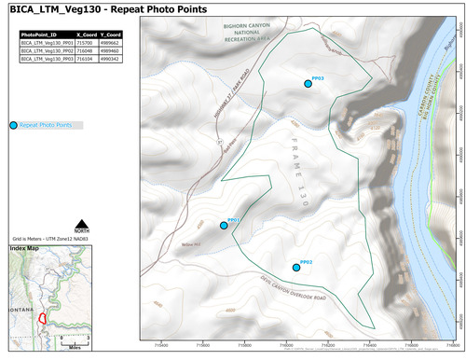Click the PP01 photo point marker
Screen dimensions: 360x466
click(x=224, y=226)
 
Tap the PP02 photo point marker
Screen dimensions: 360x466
click(x=296, y=268)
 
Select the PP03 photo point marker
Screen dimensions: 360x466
click(x=308, y=84)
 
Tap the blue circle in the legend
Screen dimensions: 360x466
click(x=12, y=125)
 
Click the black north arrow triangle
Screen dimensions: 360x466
click(x=82, y=222)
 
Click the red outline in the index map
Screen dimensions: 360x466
click(x=42, y=316)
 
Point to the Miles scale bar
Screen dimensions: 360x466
click(x=75, y=341)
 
